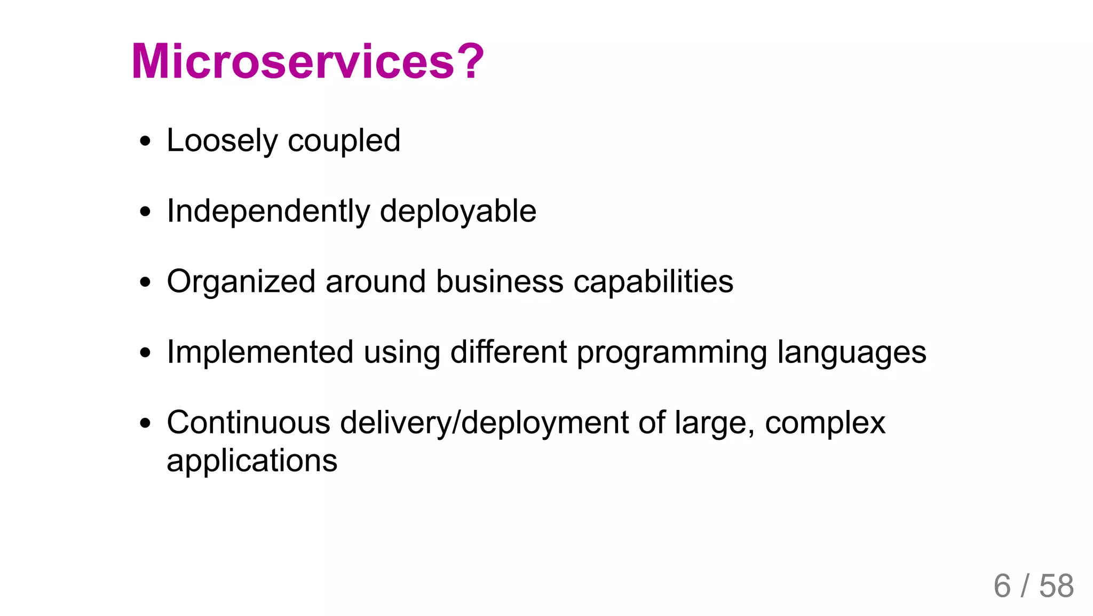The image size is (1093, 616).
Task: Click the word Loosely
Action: pyautogui.click(x=222, y=141)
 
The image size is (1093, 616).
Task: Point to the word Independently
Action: pyautogui.click(x=268, y=211)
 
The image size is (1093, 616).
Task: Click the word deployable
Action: pyautogui.click(x=458, y=211)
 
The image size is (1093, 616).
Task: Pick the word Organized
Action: pyautogui.click(x=241, y=282)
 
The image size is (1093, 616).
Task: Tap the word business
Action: pyautogui.click(x=500, y=282)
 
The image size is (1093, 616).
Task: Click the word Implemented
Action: pyautogui.click(x=260, y=352)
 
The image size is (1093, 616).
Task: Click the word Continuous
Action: pyautogui.click(x=248, y=423)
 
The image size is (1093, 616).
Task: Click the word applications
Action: pyautogui.click(x=252, y=461)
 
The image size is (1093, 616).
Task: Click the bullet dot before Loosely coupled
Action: pyautogui.click(x=145, y=142)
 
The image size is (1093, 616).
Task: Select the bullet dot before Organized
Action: pyautogui.click(x=145, y=282)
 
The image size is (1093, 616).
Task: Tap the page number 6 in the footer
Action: pyautogui.click(x=1002, y=586)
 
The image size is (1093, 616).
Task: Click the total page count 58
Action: pyautogui.click(x=1056, y=586)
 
